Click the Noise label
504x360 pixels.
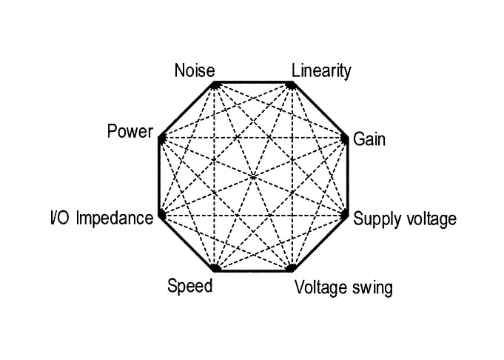click(x=195, y=70)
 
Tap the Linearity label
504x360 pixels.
click(x=321, y=71)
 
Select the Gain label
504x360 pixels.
click(x=369, y=139)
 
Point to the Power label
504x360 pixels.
click(x=130, y=132)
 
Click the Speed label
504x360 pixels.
click(x=190, y=286)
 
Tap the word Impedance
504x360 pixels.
click(x=115, y=219)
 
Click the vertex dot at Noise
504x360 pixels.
click(x=215, y=86)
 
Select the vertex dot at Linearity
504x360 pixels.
click(x=291, y=86)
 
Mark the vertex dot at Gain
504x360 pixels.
click(x=345, y=139)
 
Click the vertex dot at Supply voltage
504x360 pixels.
click(x=345, y=214)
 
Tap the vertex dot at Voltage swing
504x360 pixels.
click(x=291, y=267)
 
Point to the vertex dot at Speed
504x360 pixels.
click(x=215, y=267)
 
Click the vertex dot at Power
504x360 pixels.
click(x=162, y=139)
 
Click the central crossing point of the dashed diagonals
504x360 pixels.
click(x=253, y=176)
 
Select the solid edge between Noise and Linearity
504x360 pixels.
click(x=253, y=82)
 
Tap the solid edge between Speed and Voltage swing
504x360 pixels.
click(x=253, y=271)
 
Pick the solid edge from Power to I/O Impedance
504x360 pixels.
click(x=159, y=176)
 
